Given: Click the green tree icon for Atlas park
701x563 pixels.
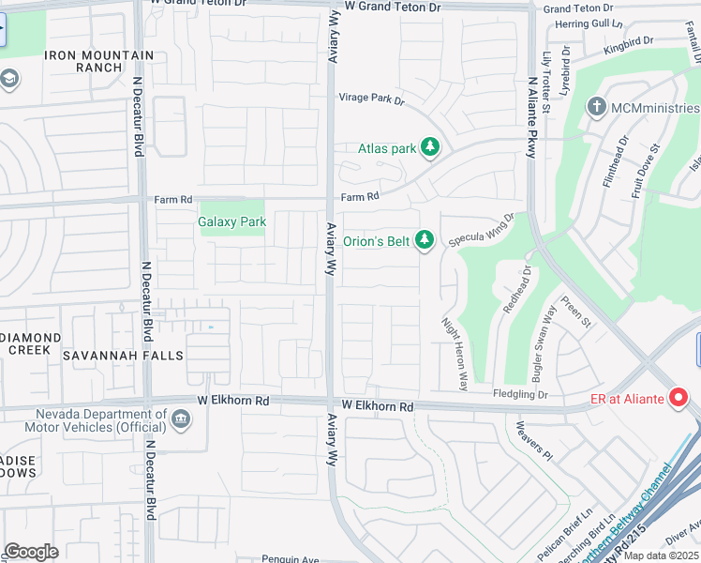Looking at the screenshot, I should (430, 147).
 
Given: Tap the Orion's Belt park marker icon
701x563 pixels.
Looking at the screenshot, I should (425, 241).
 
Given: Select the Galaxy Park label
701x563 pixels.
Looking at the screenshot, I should (231, 222).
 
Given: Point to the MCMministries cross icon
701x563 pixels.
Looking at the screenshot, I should (596, 107).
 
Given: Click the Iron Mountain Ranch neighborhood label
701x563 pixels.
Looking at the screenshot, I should (98, 62).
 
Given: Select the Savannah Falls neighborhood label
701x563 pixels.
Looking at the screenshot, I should (110, 356).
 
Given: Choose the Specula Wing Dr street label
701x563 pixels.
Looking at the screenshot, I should (482, 231).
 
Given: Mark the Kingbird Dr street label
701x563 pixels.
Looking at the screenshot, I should (628, 44).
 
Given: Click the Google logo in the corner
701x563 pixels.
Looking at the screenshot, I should (32, 551).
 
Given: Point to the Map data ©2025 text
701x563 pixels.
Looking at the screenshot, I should (659, 555).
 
